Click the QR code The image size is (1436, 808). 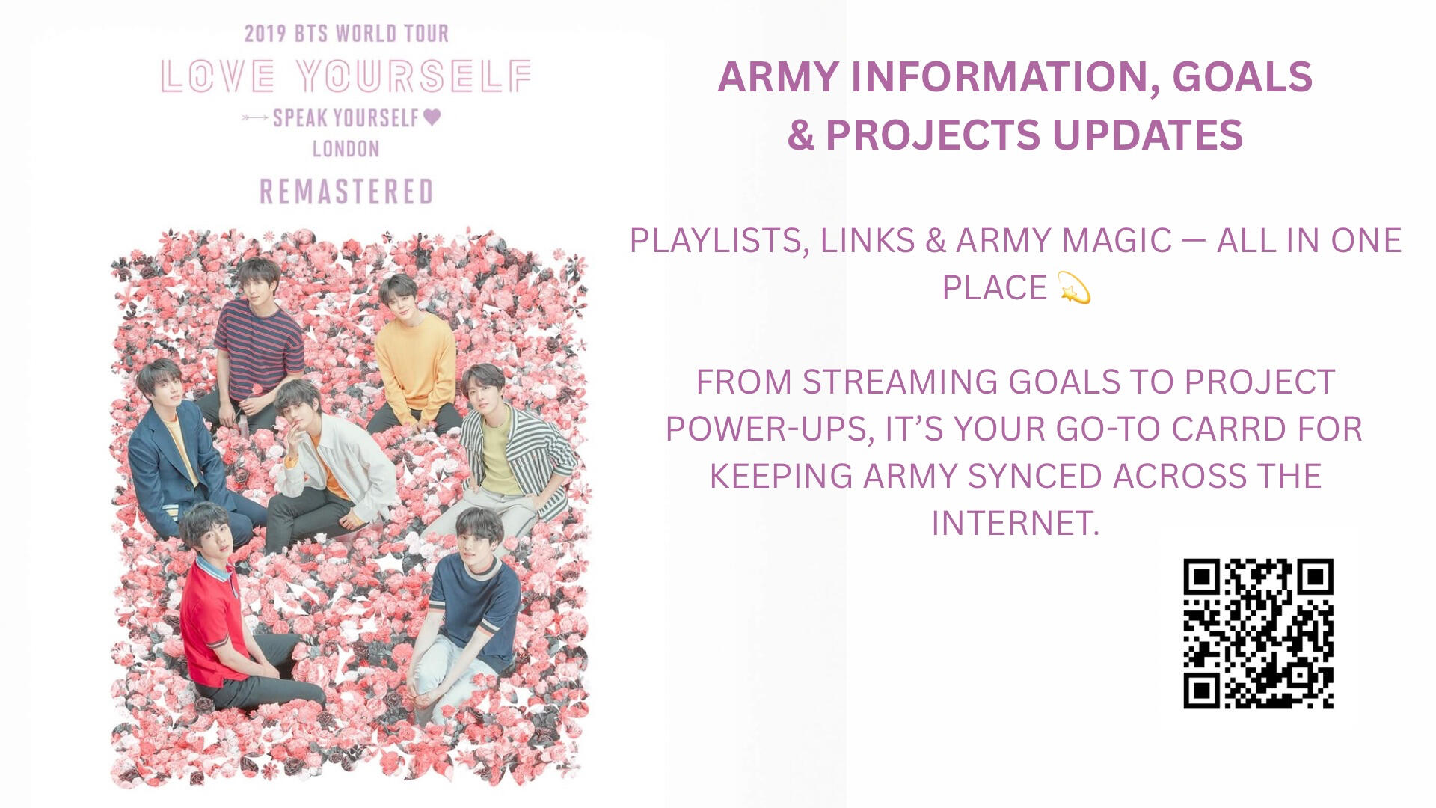pos(1258,633)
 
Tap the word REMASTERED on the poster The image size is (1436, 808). pos(346,192)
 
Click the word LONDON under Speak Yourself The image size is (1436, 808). pos(346,149)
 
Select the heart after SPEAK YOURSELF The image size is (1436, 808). pos(432,117)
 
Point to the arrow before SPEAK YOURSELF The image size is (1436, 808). pos(255,118)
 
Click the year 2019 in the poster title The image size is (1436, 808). pos(266,34)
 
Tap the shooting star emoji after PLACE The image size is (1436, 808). pos(1075,288)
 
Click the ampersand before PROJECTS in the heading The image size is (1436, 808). pos(800,135)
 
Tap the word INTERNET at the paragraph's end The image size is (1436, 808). pos(1016,523)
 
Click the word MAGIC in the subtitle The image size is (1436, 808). pos(1116,241)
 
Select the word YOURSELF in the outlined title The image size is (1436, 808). pos(414,76)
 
